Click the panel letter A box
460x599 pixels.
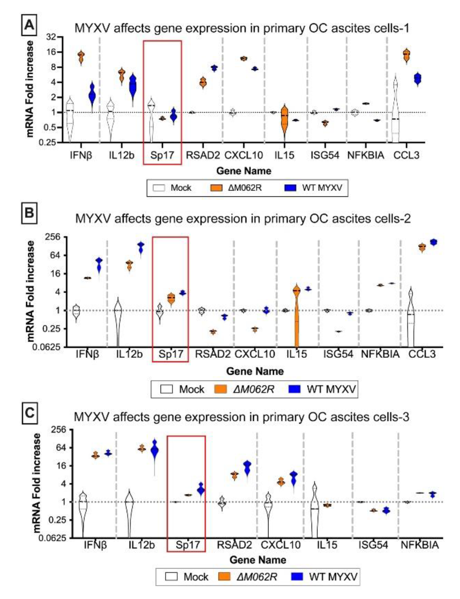pyautogui.click(x=29, y=26)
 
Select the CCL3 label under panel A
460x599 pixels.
pyautogui.click(x=406, y=155)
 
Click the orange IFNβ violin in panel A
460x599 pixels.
pyautogui.click(x=81, y=57)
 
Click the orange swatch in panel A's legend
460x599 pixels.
pyautogui.click(x=216, y=188)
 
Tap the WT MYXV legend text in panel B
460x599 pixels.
pyautogui.click(x=331, y=389)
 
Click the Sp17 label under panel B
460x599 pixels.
pyautogui.click(x=171, y=354)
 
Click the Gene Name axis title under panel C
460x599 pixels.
pyautogui.click(x=258, y=559)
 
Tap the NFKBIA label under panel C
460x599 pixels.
pyautogui.click(x=420, y=545)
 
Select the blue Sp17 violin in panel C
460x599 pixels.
pyautogui.click(x=201, y=490)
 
